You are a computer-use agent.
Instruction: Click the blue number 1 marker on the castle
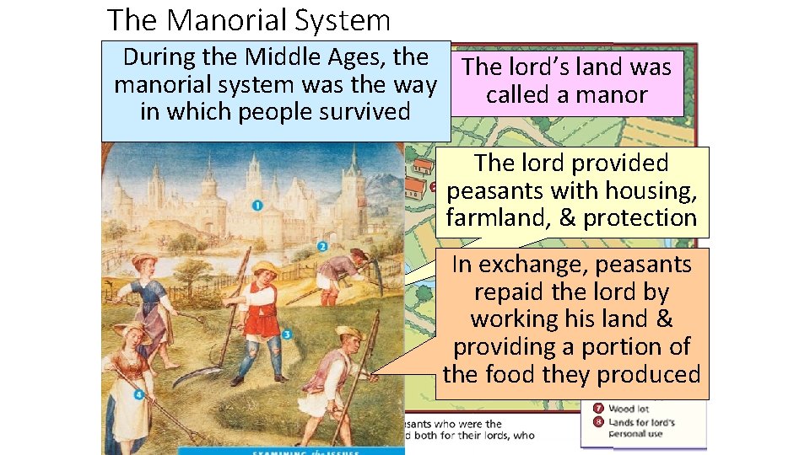(256, 205)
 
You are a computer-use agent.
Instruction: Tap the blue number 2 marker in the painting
(322, 247)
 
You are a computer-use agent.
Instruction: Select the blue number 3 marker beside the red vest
(287, 335)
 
